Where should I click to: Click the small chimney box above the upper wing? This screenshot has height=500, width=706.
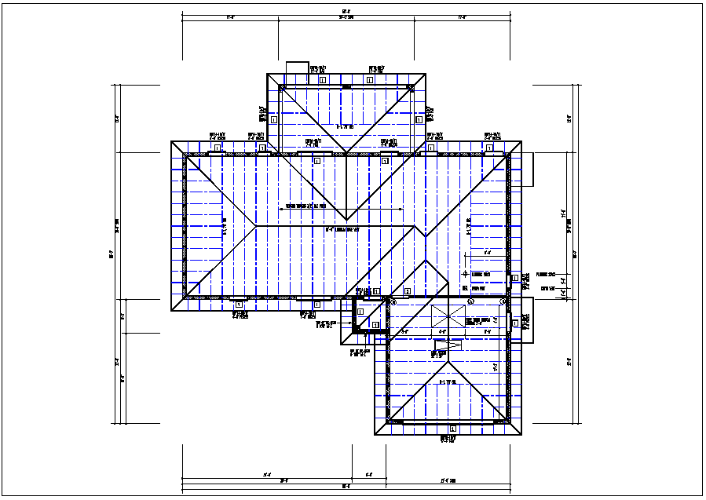(297, 68)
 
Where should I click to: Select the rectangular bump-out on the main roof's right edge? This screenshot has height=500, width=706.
(528, 168)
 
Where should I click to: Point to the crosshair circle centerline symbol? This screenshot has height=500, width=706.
(465, 274)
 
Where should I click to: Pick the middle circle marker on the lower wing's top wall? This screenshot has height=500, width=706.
(470, 301)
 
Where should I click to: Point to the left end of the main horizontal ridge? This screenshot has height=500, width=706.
(256, 227)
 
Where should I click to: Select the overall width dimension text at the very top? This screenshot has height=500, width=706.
(346, 11)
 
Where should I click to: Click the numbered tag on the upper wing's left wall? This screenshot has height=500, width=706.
(274, 120)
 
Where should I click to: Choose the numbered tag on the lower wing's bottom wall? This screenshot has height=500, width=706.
(452, 429)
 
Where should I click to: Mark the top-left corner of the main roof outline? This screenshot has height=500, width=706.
(172, 142)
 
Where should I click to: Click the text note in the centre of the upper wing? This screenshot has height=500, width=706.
(346, 126)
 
